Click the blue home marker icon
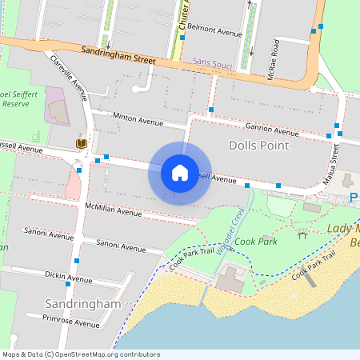pos(180,172)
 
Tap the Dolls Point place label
pos(258,146)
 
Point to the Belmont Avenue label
pos(214,34)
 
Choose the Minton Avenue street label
pos(138,120)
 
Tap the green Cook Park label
pos(256,241)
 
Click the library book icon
pos(81,143)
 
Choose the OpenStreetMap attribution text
pos(80,354)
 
